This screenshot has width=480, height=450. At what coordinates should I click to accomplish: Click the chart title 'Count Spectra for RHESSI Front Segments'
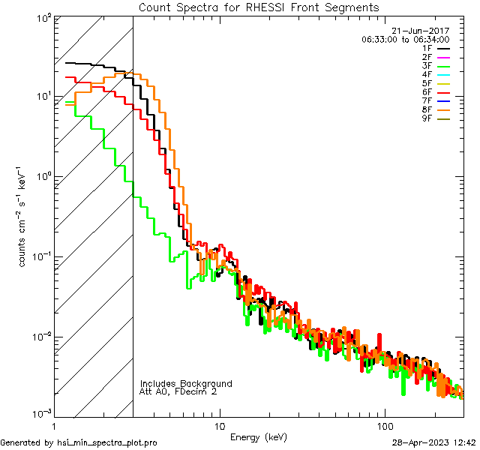[259, 7]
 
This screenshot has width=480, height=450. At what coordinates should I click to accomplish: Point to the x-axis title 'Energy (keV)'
[259, 436]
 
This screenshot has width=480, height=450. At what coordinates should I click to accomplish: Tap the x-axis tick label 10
[219, 425]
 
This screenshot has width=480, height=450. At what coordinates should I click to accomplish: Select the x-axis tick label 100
[385, 425]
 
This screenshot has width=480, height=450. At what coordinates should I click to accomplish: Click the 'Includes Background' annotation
[186, 383]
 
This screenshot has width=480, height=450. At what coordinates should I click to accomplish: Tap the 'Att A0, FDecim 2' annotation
[178, 391]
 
